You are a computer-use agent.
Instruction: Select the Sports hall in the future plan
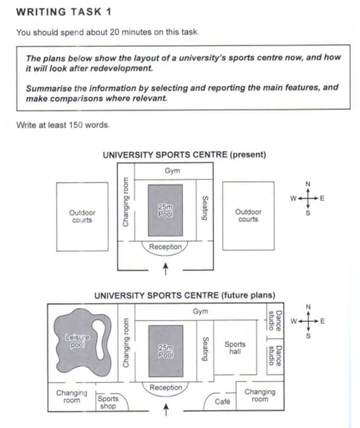tap(237, 348)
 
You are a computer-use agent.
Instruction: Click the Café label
tap(221, 401)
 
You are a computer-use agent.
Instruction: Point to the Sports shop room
tap(108, 400)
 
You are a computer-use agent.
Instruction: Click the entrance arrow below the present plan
tap(165, 267)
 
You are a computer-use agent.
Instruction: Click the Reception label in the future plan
tap(164, 387)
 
